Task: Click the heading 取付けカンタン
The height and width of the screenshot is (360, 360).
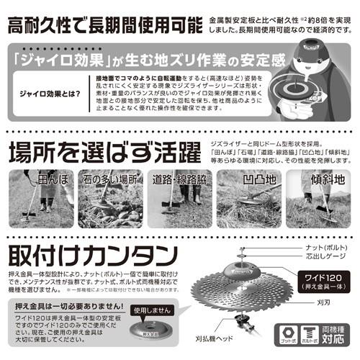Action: point(90,256)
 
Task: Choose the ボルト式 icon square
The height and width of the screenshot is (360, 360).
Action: point(308,331)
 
